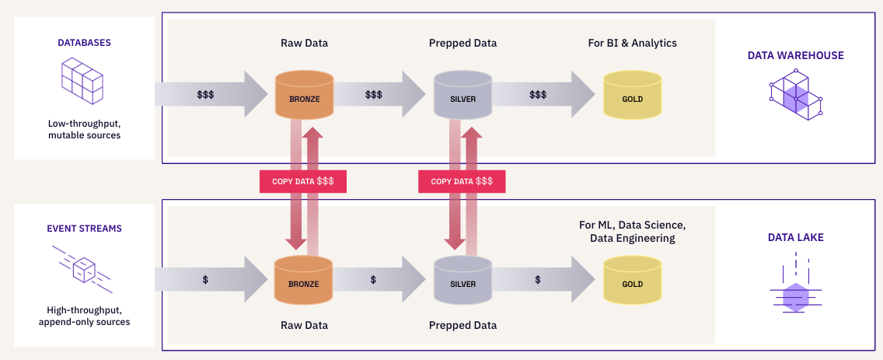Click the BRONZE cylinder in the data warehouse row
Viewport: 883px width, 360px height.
click(x=305, y=95)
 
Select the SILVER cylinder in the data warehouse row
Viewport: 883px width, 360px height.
click(x=462, y=95)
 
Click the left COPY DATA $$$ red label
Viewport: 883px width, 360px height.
click(x=302, y=181)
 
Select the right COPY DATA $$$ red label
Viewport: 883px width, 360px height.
click(x=462, y=181)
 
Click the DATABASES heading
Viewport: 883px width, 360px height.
click(x=84, y=43)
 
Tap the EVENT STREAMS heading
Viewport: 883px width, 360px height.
click(x=84, y=229)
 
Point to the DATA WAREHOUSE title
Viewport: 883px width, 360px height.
click(x=795, y=55)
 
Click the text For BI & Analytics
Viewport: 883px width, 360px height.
click(x=632, y=43)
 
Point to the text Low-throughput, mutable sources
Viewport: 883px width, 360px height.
click(x=84, y=129)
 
